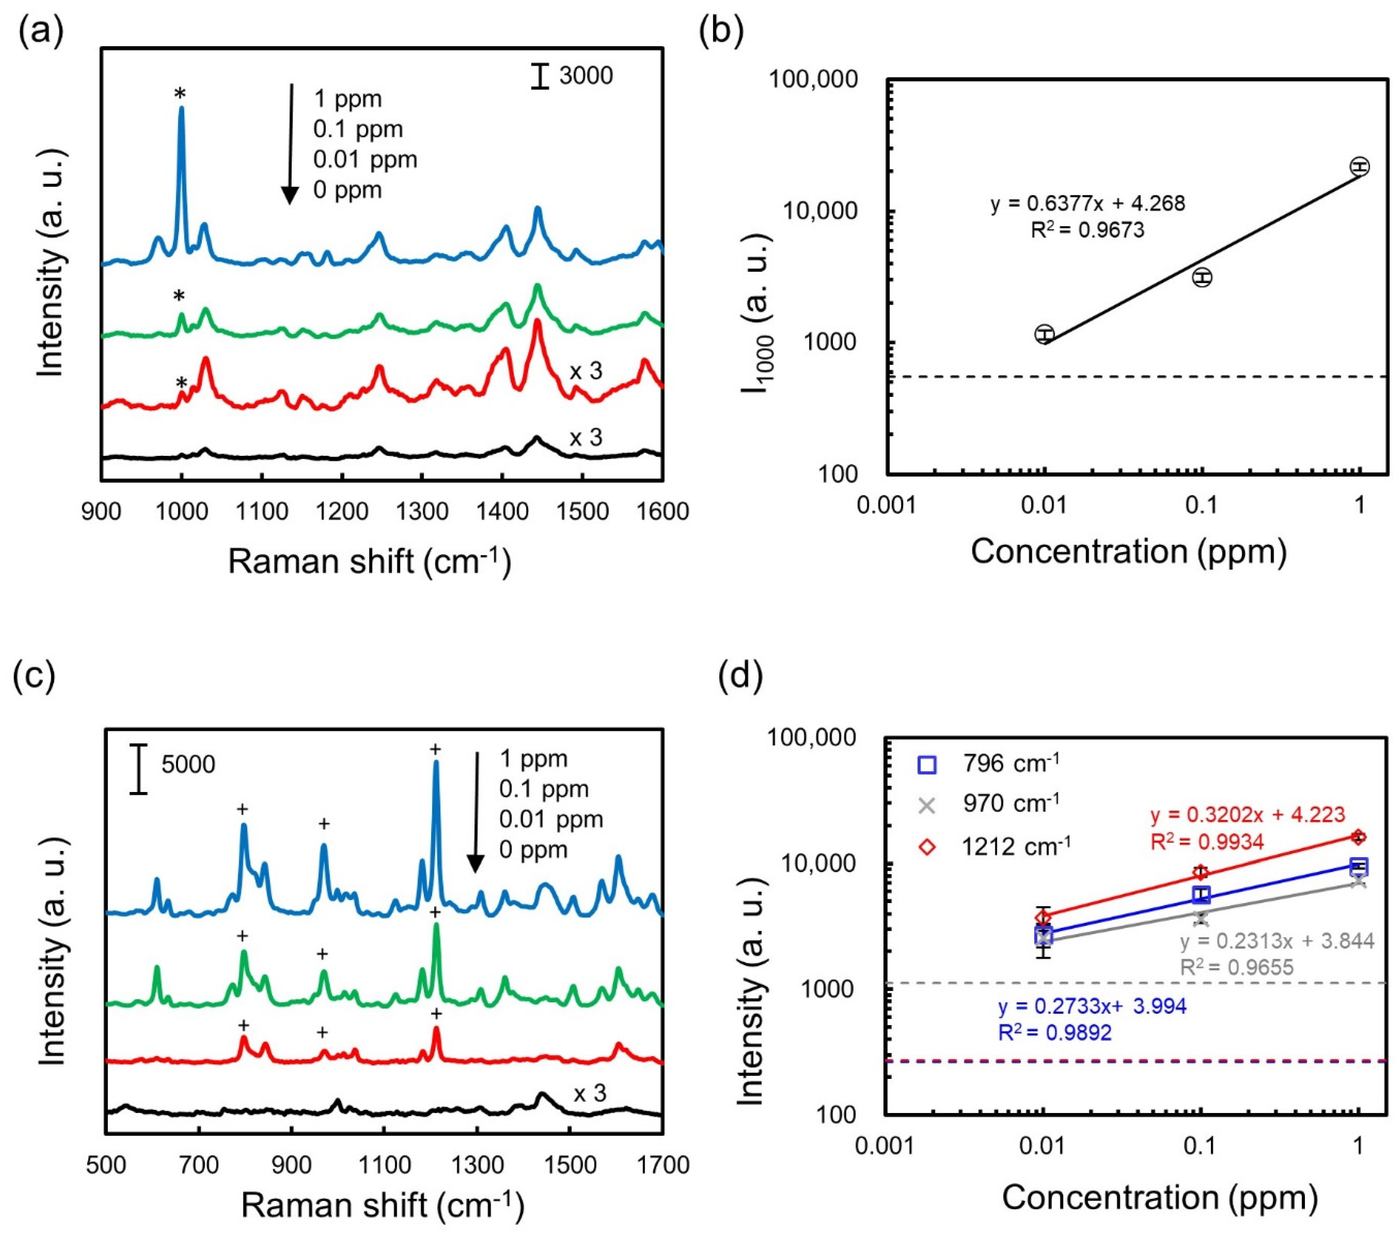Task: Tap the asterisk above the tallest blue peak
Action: (180, 94)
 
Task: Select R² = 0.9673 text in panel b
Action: (1087, 230)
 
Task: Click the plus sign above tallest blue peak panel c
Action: (435, 749)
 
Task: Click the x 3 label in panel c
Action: (589, 1093)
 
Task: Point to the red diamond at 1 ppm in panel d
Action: (1359, 837)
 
